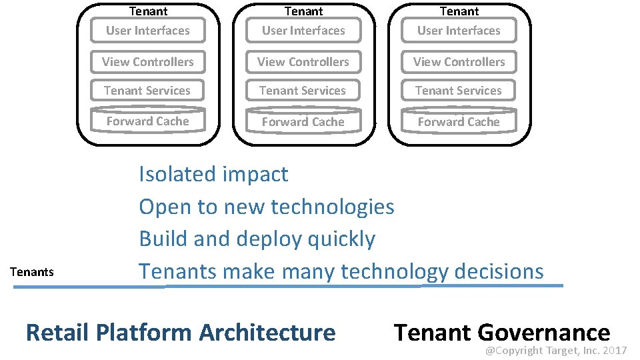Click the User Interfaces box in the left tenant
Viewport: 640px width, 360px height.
(x=147, y=31)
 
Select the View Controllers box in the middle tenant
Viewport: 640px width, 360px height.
(x=303, y=62)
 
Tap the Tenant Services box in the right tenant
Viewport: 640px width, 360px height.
(x=459, y=91)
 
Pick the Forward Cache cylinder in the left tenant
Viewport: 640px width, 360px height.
(x=147, y=121)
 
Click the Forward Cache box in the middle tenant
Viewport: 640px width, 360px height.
(x=303, y=122)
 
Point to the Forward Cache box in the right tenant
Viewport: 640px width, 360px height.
(x=459, y=122)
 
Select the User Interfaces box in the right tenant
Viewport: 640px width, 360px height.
(x=459, y=31)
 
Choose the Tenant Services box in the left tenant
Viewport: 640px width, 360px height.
(x=147, y=91)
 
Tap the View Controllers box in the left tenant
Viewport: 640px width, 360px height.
(x=147, y=62)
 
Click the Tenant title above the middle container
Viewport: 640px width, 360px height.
(x=304, y=11)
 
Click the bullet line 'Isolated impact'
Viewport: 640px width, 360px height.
(x=213, y=175)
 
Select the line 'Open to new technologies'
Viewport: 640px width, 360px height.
(x=267, y=207)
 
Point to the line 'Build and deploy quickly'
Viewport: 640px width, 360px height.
(x=257, y=239)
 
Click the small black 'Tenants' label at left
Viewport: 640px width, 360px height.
(x=32, y=272)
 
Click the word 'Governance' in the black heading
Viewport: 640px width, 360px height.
(x=544, y=332)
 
